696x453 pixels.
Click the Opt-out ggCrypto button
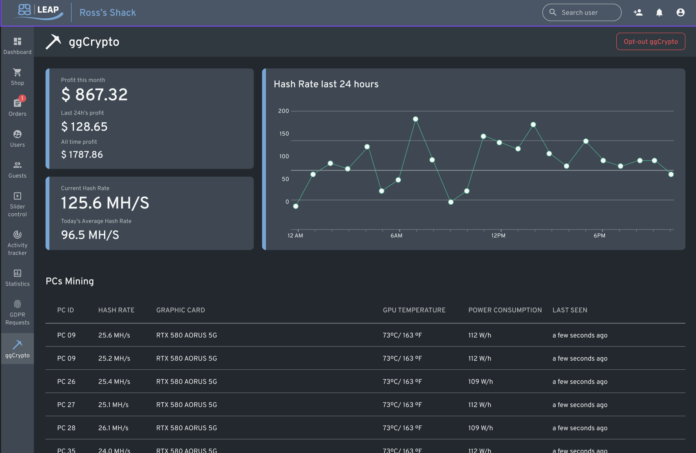650,41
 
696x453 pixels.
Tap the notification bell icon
659,13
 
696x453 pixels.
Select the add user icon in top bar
638,13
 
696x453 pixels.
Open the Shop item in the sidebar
17,76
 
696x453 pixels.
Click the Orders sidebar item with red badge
17,107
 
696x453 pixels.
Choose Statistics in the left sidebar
17,277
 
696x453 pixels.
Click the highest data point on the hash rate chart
415,119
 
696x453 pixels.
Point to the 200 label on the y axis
283,111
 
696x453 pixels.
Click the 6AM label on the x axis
396,236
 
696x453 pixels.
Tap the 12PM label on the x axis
498,236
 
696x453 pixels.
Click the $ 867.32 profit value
94,95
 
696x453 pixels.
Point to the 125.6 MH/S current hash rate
105,203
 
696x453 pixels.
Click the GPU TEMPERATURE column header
414,310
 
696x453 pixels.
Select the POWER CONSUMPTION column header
505,310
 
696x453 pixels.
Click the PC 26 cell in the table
66,381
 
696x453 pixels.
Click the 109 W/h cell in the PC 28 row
480,428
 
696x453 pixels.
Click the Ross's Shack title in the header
108,13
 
